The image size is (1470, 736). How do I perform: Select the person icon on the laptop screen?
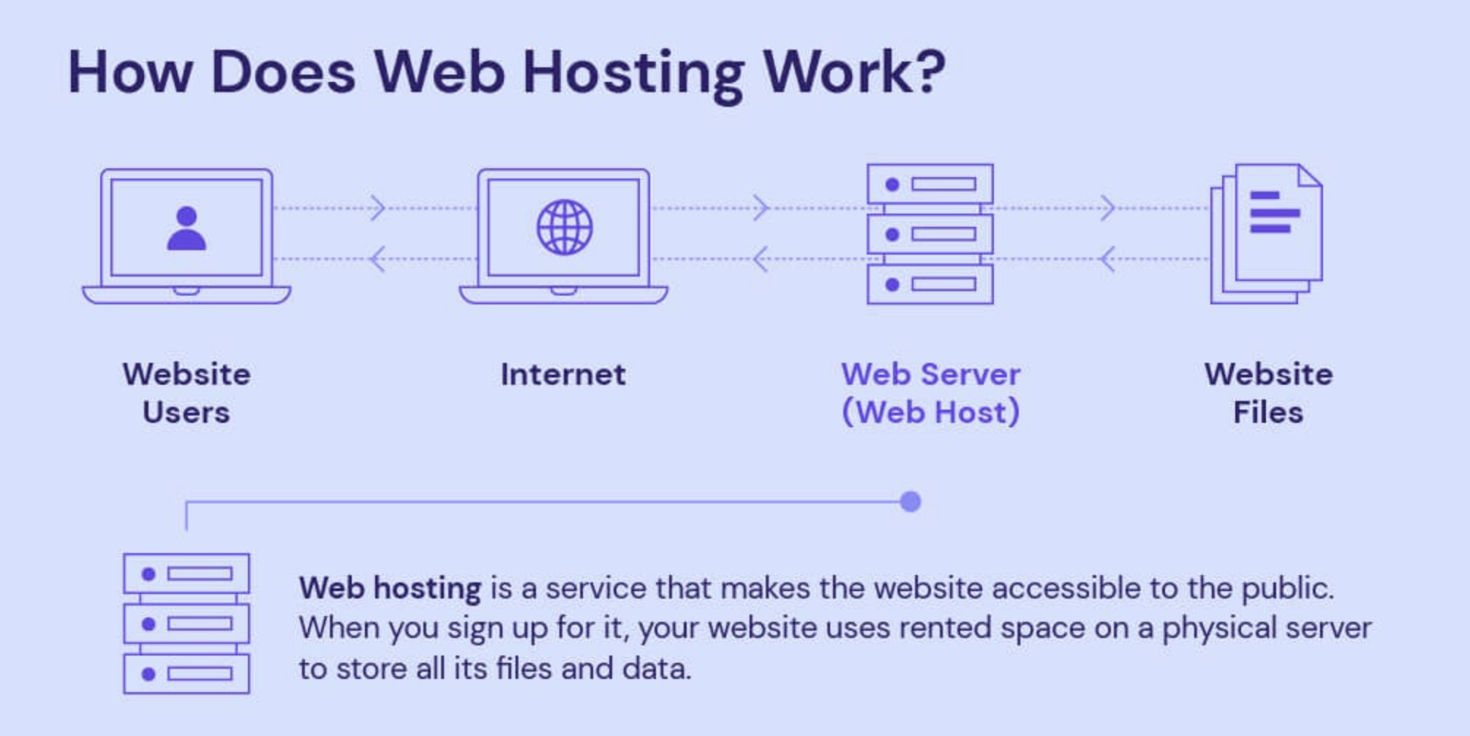tap(186, 229)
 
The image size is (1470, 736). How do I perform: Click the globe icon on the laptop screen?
tap(564, 228)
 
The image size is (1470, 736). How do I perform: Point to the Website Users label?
tap(186, 393)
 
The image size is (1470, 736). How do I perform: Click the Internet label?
tap(563, 375)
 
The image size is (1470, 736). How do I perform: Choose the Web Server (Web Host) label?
tap(930, 393)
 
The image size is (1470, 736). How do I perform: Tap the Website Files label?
tap(1268, 393)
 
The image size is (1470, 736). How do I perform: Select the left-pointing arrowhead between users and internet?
tap(377, 259)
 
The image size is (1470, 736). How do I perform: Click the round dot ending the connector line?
tap(911, 502)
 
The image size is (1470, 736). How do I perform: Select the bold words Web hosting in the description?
tap(390, 588)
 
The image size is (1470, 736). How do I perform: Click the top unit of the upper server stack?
tap(930, 184)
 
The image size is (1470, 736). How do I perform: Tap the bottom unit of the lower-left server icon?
tap(186, 674)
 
